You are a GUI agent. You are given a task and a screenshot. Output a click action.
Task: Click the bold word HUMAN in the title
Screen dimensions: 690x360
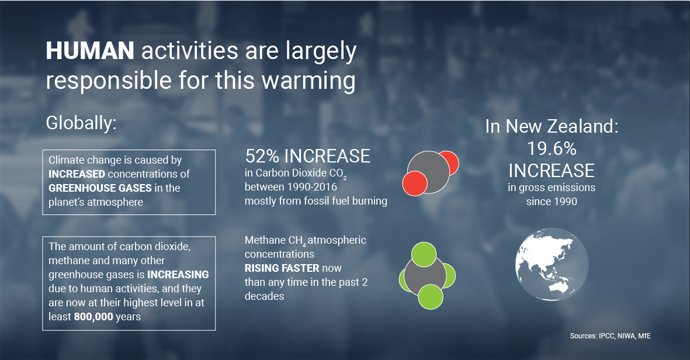tap(90, 51)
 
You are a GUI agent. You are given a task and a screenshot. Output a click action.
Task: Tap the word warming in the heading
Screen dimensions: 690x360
tap(308, 81)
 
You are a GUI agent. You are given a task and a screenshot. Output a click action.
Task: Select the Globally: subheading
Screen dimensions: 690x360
tap(81, 123)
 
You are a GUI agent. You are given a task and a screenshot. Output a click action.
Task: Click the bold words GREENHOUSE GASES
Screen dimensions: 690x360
tap(100, 188)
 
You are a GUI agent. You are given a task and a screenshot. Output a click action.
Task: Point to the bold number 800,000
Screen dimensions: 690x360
tap(93, 317)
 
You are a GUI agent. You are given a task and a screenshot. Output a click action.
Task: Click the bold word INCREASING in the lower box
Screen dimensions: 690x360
tap(178, 275)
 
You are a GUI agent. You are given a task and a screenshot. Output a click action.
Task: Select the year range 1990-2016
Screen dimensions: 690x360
tap(311, 187)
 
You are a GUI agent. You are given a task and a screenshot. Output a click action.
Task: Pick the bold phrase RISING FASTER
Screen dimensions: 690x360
tap(282, 268)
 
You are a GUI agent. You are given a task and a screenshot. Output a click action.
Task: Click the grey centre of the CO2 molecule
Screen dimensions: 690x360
tap(428, 172)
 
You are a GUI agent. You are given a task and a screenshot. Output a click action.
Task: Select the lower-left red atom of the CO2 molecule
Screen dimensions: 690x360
tap(415, 184)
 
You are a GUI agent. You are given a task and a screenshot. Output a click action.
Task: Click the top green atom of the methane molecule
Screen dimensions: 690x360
tap(424, 254)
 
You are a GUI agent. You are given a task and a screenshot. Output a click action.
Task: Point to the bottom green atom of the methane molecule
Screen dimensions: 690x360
tap(431, 297)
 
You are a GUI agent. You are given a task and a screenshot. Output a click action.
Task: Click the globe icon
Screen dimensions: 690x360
tap(552, 265)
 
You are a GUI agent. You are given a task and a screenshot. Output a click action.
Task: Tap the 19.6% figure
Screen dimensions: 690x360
tap(552, 149)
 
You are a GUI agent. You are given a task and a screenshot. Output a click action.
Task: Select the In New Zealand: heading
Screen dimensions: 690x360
tap(552, 127)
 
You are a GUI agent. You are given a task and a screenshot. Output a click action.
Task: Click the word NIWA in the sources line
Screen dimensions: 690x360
tap(626, 336)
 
